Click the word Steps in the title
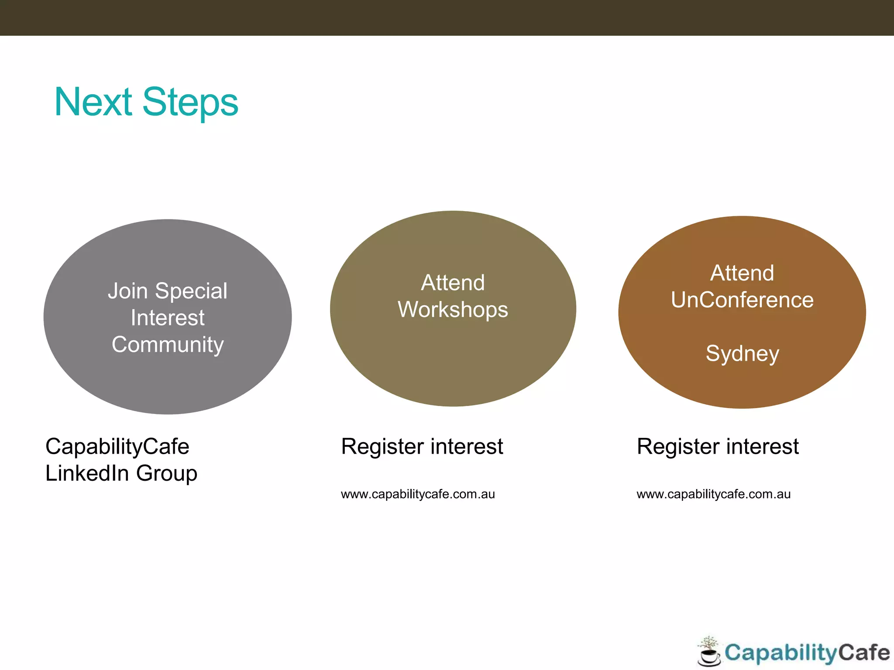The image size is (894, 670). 190,103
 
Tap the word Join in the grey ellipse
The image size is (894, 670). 127,291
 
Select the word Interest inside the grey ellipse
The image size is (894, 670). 168,318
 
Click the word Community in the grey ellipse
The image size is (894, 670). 168,345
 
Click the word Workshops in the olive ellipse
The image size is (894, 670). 453,310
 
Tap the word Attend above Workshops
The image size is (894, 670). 453,283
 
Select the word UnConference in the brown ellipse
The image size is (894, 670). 742,300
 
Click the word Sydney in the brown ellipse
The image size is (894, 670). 742,354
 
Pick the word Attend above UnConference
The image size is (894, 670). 742,273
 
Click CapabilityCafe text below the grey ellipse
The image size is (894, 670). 117,447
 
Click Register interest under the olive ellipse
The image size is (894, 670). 422,447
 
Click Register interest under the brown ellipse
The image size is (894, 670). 717,447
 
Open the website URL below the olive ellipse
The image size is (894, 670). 418,494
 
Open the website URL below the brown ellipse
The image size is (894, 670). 713,494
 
